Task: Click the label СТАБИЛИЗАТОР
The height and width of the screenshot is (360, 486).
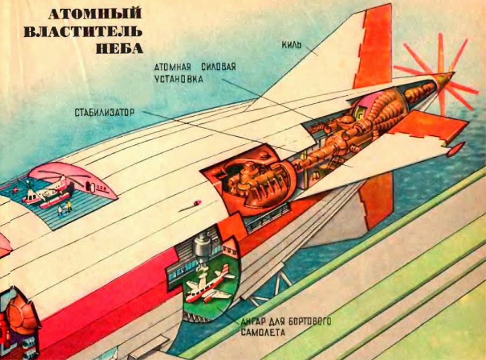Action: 105,113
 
